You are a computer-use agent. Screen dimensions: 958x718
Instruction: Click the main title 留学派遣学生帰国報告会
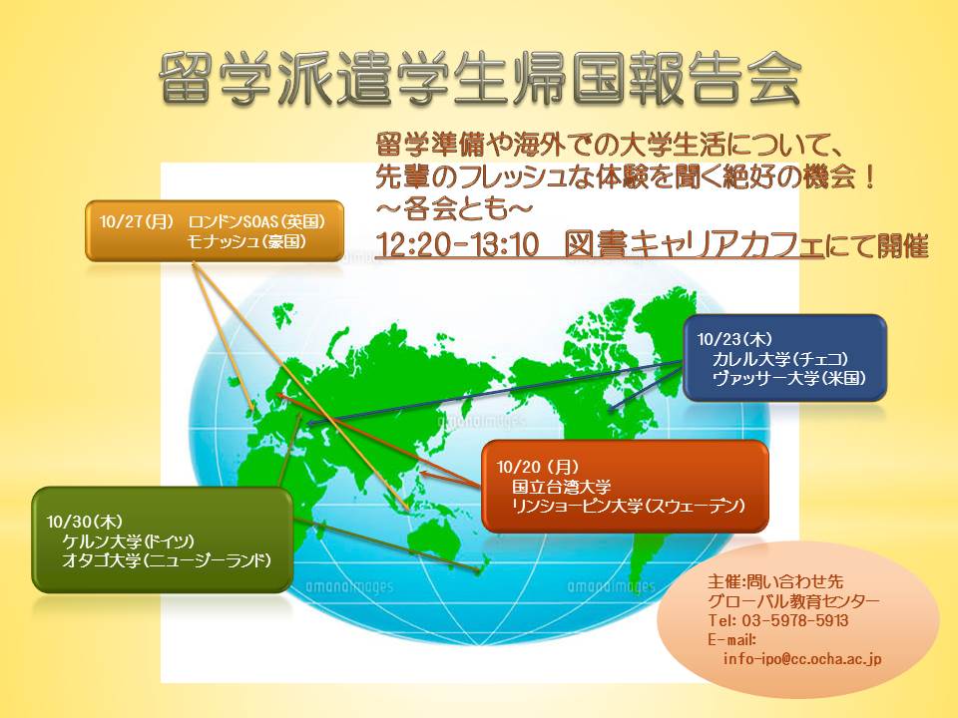point(480,78)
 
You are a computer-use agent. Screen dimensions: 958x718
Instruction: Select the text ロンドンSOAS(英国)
point(256,221)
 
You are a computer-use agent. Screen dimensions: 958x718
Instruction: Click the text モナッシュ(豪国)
point(246,241)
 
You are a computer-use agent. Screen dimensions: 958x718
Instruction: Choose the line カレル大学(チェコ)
point(780,359)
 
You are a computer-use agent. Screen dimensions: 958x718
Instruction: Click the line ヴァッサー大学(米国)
point(789,379)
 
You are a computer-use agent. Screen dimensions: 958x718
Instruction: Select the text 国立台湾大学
point(562,487)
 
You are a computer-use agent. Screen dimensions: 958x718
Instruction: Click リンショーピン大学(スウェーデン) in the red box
point(629,507)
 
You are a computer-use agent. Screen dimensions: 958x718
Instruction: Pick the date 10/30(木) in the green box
point(84,522)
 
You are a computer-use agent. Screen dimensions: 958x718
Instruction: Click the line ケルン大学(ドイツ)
point(129,540)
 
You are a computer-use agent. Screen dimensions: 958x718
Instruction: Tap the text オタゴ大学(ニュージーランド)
point(167,560)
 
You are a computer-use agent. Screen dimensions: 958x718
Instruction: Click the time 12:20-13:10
point(457,245)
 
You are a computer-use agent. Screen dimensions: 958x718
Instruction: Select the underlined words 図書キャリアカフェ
point(695,245)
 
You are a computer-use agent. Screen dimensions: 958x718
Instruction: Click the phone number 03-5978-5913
point(795,621)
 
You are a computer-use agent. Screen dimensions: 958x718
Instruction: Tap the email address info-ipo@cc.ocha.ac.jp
point(802,659)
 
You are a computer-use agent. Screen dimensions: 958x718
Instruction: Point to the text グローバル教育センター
point(793,601)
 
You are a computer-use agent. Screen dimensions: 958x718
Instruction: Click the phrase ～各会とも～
point(454,209)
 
